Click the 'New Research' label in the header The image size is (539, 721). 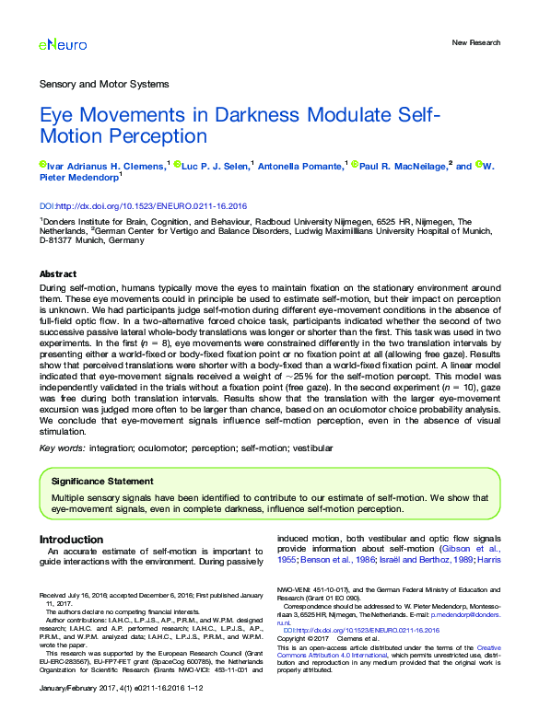click(x=475, y=42)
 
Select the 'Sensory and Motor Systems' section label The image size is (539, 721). click(x=104, y=84)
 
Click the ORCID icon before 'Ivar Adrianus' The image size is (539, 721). click(x=42, y=166)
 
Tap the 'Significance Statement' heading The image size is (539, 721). click(x=102, y=481)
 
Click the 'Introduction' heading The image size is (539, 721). click(x=71, y=539)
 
